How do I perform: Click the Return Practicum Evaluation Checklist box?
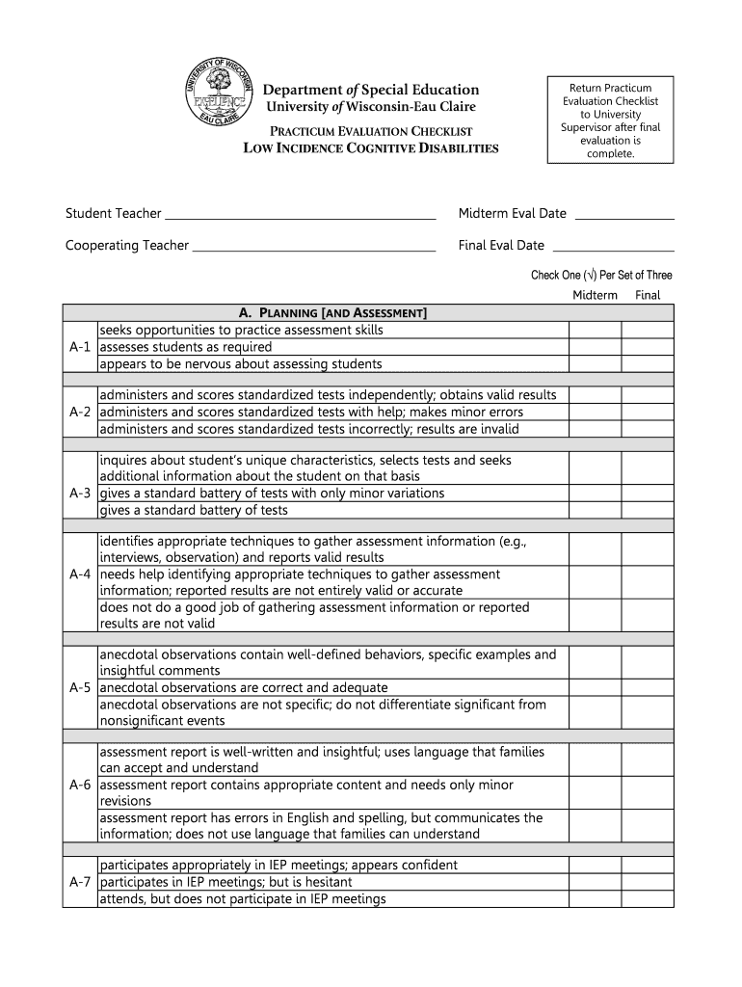click(x=611, y=120)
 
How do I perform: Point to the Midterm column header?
click(x=595, y=295)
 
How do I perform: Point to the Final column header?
click(x=648, y=295)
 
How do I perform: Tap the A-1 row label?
click(x=80, y=347)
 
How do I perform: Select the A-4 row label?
click(x=80, y=574)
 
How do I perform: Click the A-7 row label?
click(x=80, y=882)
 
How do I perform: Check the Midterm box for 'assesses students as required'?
click(x=595, y=347)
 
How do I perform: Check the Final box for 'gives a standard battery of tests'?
click(x=647, y=510)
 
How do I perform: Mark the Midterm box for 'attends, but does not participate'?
click(x=595, y=899)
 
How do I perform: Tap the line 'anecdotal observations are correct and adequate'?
click(x=244, y=687)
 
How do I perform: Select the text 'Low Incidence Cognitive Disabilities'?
click(x=371, y=148)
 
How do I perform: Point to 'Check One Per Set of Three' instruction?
click(x=601, y=276)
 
